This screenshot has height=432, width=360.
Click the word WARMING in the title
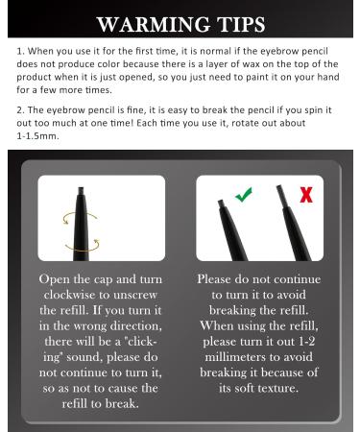pos(154,24)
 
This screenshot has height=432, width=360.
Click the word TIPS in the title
pos(241,24)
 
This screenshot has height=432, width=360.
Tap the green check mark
pos(244,194)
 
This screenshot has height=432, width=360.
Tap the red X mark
pos(306,195)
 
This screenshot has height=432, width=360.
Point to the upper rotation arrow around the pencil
pos(80,218)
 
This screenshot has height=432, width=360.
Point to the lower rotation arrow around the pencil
pos(83,246)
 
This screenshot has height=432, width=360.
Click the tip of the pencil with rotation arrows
pos(81,189)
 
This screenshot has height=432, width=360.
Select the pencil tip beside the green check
pos(221,203)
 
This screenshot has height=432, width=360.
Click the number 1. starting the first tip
pos(20,51)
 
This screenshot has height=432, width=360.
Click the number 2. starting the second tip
pos(20,110)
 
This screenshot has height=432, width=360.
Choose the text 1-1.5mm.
pos(37,136)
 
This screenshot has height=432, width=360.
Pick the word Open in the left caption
pos(54,279)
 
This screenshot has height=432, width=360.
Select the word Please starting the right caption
pos(213,279)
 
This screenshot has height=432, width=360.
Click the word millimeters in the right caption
pos(235,357)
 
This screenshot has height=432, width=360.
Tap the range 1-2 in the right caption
pos(306,341)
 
